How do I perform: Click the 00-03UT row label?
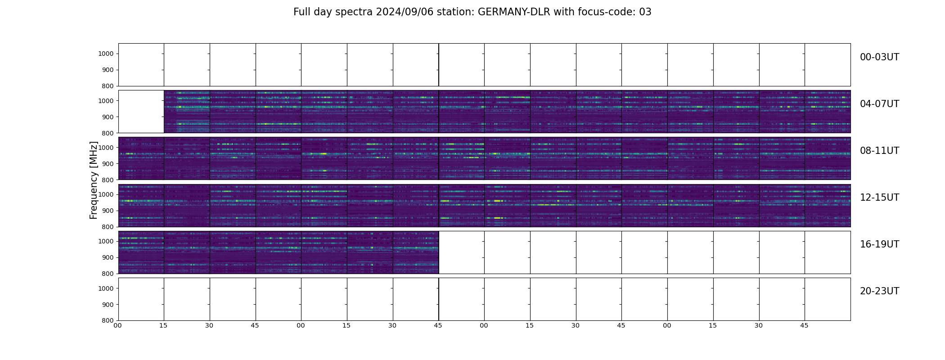879,57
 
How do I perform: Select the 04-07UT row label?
879,104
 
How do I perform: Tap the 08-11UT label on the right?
879,151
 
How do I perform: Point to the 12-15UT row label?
879,198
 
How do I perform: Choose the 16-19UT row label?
879,244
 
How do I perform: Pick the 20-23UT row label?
879,291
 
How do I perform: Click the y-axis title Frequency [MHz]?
94,180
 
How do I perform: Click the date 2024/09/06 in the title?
402,12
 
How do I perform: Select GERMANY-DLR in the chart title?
514,12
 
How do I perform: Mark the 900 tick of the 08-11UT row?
107,164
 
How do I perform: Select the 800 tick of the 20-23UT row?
107,320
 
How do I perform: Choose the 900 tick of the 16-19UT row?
107,257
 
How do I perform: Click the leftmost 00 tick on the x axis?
117,325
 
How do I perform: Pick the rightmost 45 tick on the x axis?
804,325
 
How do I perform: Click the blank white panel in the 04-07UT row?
141,112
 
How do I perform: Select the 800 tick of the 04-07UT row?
107,133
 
